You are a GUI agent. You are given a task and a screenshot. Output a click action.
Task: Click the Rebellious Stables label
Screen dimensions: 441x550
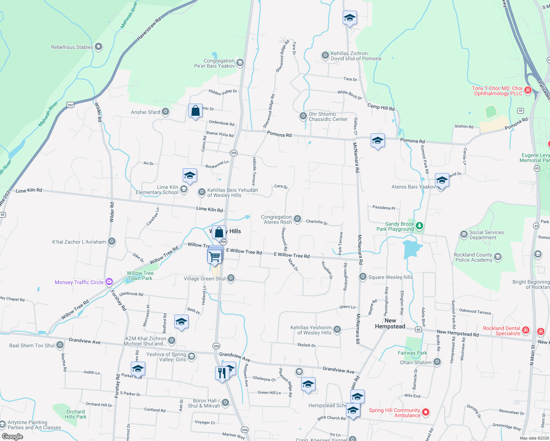click(72, 47)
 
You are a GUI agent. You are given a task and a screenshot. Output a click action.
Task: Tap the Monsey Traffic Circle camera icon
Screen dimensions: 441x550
click(109, 282)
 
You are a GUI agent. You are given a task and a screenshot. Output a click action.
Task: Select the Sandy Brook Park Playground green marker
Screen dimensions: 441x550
click(419, 226)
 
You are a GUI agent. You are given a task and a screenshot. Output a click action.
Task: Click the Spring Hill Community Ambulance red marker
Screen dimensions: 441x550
click(426, 412)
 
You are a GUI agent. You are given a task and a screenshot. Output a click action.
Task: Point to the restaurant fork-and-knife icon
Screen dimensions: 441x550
click(222, 373)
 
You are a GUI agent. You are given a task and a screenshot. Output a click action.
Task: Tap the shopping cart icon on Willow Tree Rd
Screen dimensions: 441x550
click(215, 257)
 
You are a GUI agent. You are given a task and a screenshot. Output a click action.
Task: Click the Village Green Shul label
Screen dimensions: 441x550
click(204, 279)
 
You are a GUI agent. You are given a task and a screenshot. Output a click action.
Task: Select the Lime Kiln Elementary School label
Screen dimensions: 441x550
click(157, 190)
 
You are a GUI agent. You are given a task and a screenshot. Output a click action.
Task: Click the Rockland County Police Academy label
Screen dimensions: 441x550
click(473, 257)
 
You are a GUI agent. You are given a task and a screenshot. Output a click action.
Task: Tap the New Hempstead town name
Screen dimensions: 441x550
click(390, 323)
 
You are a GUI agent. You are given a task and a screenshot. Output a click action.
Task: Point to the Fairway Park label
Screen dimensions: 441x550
click(413, 353)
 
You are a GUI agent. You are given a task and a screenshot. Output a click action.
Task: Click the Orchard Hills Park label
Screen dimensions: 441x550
click(76, 414)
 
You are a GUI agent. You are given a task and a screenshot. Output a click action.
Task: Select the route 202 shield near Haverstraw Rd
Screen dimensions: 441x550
click(71, 105)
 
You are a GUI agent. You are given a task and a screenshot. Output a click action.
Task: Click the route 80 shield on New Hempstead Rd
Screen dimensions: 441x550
click(418, 329)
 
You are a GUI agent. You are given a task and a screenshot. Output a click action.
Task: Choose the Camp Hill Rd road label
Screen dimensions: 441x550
click(381, 107)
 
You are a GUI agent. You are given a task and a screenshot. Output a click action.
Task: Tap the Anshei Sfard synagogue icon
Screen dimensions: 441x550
click(165, 112)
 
